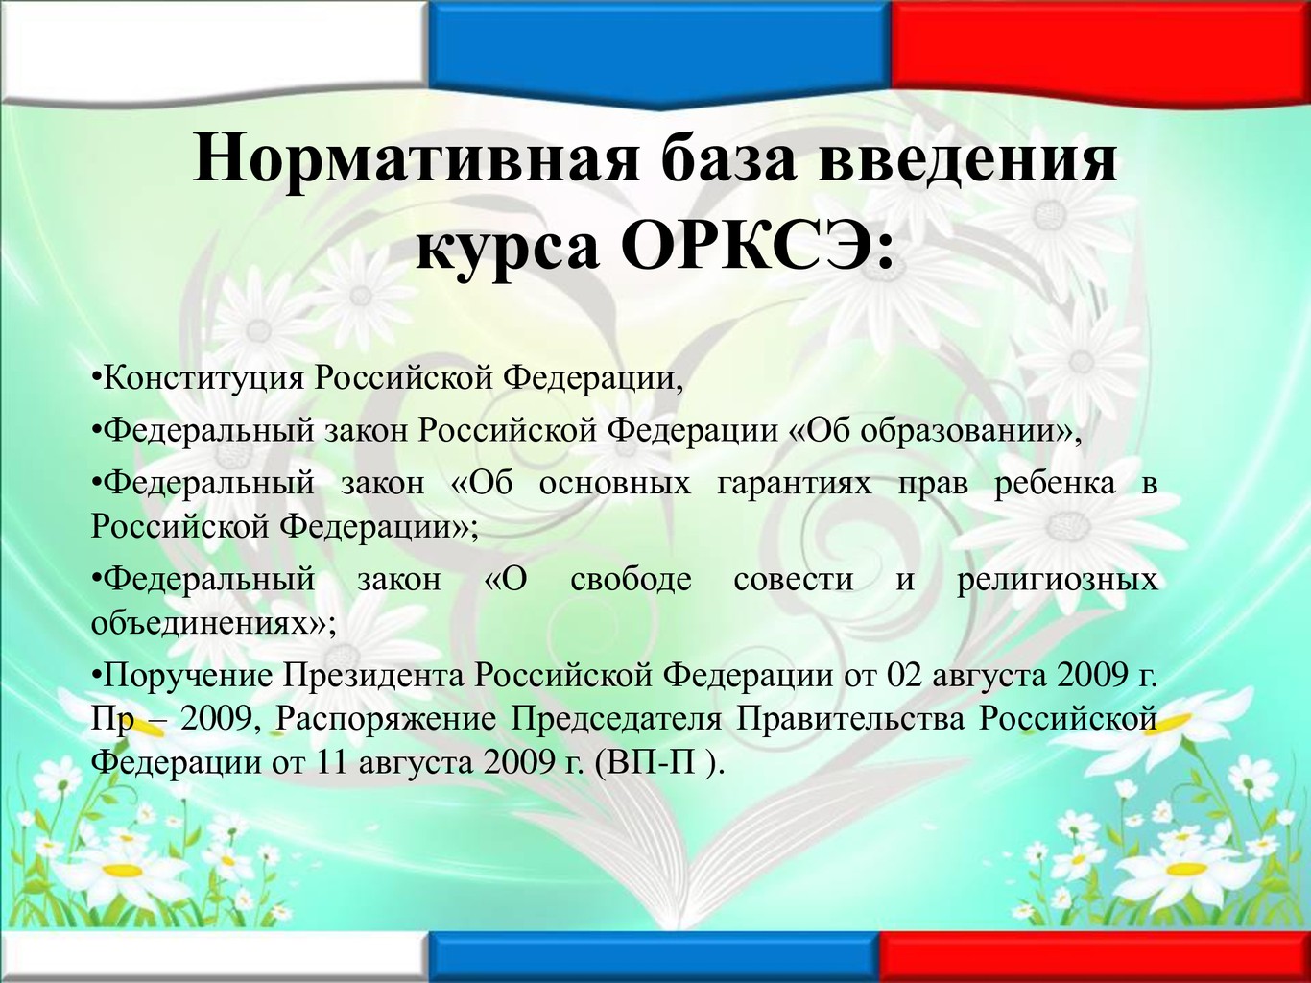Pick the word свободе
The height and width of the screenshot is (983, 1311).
[x=631, y=579]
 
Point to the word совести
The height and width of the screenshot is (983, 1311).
[x=793, y=580]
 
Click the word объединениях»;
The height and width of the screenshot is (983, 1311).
[x=213, y=623]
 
